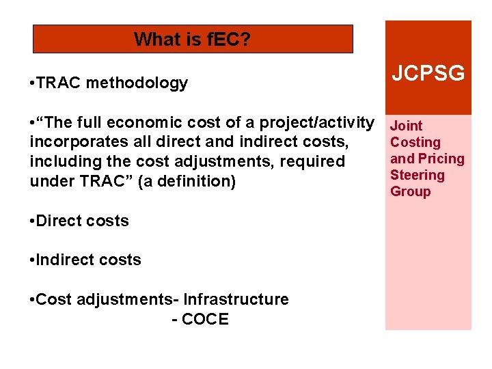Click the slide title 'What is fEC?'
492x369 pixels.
192,40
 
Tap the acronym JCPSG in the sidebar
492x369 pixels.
428,74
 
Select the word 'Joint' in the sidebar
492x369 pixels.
406,126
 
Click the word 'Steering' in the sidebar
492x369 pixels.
417,175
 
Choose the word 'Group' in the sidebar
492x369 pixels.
410,191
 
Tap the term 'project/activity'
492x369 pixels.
320,123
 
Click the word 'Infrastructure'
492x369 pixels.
236,299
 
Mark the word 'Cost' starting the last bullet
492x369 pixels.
52,299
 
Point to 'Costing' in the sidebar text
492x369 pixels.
415,142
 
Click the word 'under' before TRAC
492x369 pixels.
51,181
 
